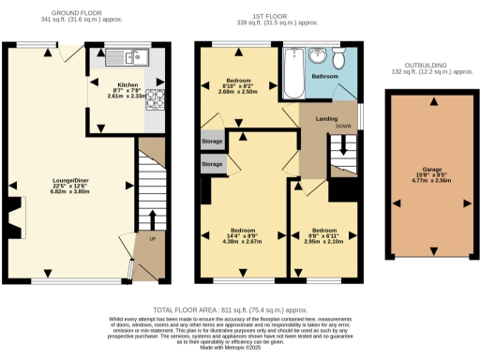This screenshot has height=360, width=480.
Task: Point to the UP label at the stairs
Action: [x=153, y=238]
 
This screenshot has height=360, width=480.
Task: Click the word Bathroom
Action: [x=324, y=75]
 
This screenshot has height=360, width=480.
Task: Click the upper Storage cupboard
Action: [x=213, y=141]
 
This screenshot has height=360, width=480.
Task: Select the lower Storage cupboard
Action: [x=213, y=164]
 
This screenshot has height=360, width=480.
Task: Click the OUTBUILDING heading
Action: [x=432, y=66]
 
